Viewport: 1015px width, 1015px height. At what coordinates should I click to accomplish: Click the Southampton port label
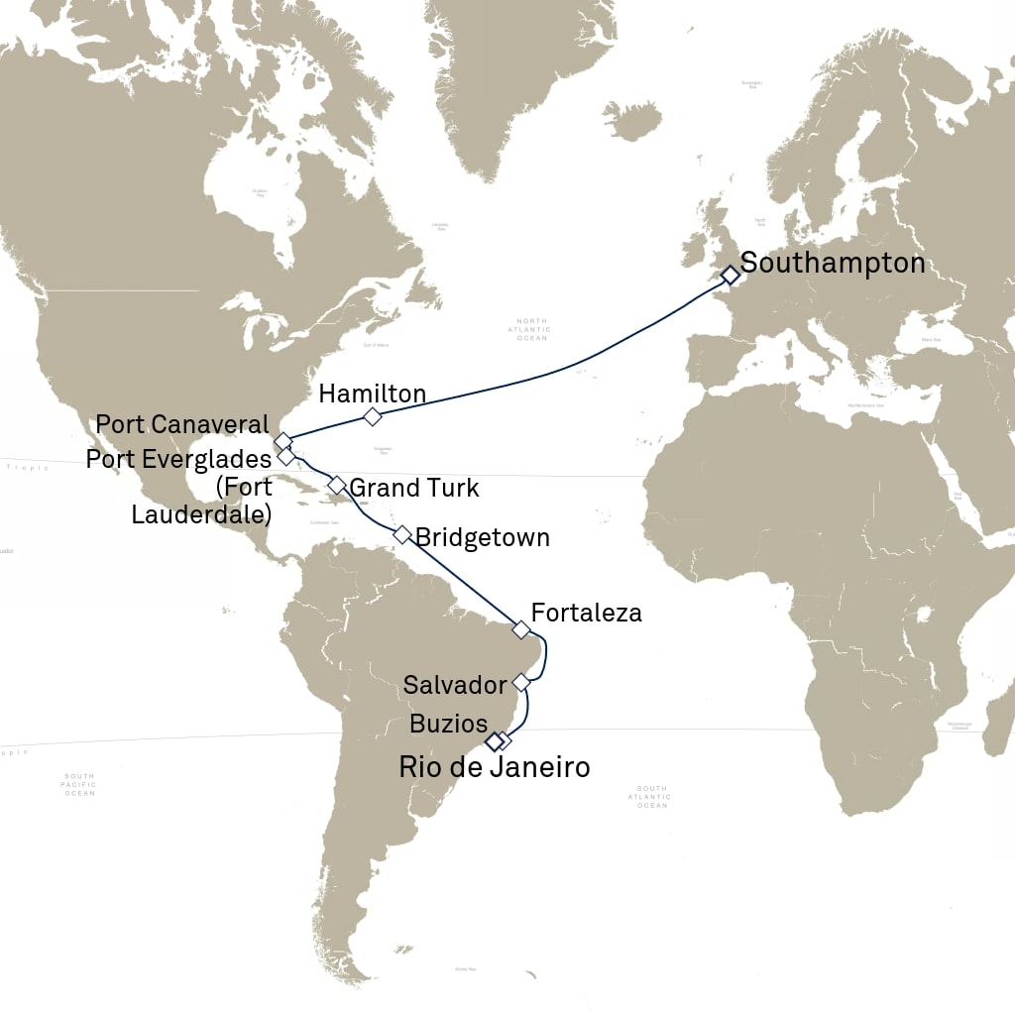pos(833,264)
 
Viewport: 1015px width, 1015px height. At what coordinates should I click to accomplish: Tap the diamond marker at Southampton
pos(730,275)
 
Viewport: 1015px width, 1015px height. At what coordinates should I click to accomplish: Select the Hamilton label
pos(373,394)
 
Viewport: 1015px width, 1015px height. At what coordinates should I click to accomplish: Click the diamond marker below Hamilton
pos(373,416)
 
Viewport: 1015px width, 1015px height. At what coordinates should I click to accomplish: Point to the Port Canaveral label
pos(182,424)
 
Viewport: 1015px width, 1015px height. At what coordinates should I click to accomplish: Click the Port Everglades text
pos(178,460)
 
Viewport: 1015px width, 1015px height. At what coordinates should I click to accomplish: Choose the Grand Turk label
pos(414,488)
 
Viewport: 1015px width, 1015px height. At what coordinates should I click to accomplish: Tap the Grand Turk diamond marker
pos(337,485)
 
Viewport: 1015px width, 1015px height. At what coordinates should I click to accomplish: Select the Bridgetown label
pos(483,537)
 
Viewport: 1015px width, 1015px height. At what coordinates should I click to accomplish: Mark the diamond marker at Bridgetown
pos(402,534)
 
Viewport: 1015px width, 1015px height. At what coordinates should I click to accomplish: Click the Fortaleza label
pos(587,613)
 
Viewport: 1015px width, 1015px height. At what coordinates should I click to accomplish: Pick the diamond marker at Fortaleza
pos(521,629)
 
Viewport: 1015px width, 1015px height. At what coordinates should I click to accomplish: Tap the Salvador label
pos(456,684)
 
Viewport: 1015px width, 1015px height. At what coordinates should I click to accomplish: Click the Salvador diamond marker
pos(522,683)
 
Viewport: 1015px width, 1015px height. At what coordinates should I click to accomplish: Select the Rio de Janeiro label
pos(494,767)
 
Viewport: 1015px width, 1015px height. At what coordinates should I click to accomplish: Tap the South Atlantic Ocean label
pos(651,797)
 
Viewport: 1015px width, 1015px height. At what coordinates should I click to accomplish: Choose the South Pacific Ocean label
pos(79,784)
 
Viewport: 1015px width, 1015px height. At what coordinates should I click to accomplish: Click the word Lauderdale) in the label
pos(202,515)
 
